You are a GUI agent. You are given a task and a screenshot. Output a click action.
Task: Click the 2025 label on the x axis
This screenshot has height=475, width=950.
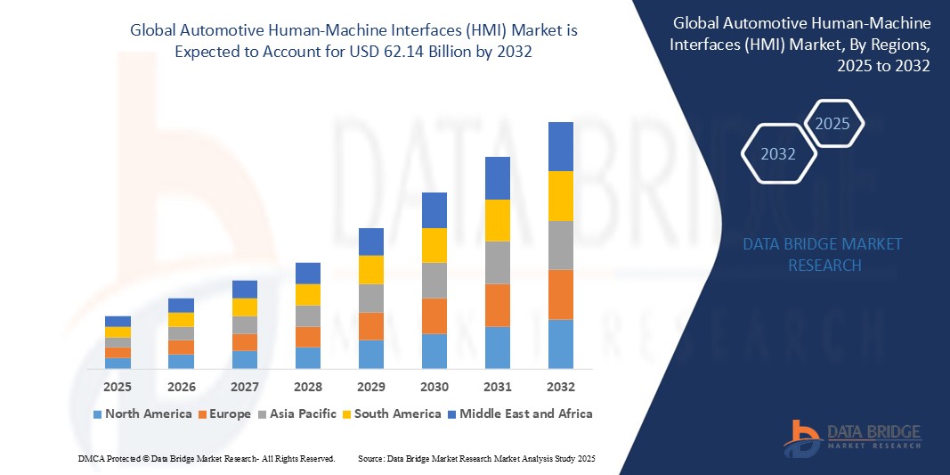tap(118, 387)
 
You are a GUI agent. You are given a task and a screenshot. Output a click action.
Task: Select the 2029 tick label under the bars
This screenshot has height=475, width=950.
tap(371, 387)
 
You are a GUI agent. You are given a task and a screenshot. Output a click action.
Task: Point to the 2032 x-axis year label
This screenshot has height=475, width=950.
tap(561, 387)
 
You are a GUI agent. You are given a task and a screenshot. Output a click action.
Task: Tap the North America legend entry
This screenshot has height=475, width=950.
tap(142, 414)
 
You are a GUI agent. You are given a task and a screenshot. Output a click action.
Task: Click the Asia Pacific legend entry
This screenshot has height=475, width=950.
tap(298, 414)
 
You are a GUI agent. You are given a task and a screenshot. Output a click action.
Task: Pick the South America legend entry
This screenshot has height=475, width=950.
tap(391, 414)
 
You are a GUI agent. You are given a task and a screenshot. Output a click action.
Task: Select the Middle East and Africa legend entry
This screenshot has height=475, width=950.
tap(518, 414)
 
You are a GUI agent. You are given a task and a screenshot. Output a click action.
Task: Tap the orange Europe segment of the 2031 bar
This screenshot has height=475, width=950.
tap(498, 305)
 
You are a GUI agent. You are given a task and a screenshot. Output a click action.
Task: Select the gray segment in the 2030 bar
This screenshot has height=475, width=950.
tap(434, 280)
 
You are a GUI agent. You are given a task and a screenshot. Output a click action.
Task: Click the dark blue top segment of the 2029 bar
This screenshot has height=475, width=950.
tap(371, 242)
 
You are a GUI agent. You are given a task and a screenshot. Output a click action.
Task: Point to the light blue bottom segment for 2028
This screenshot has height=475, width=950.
tap(308, 357)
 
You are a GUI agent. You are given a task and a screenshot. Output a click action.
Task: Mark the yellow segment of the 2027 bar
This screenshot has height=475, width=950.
tap(245, 307)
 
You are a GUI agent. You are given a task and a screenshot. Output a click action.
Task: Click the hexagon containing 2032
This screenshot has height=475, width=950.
tap(778, 154)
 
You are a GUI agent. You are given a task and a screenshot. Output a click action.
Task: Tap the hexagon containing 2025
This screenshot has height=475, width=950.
tap(832, 124)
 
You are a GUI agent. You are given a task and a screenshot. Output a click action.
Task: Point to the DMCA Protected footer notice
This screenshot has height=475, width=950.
tap(206, 458)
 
